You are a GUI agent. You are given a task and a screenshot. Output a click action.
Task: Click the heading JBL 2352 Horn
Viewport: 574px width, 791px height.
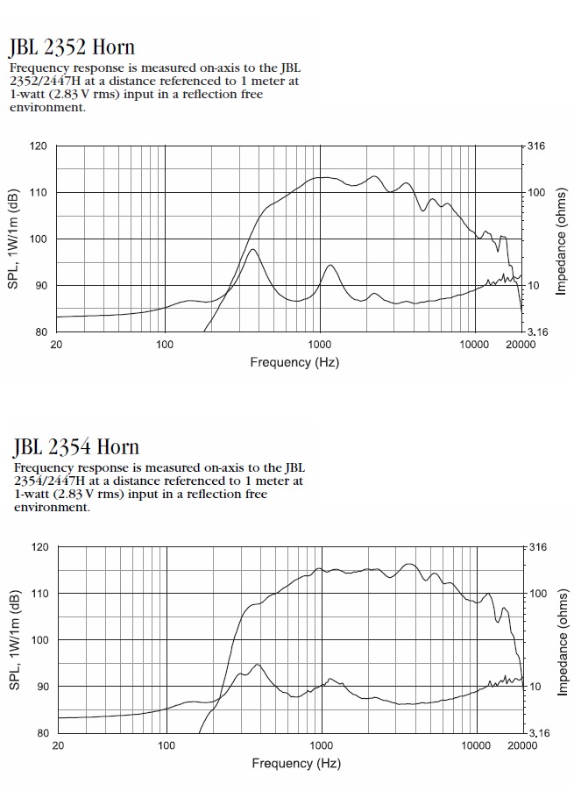pyautogui.click(x=72, y=46)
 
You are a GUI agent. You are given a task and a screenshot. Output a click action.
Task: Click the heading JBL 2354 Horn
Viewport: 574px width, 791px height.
pyautogui.click(x=76, y=447)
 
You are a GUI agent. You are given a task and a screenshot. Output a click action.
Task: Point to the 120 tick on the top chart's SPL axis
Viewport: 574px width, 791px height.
pyautogui.click(x=39, y=146)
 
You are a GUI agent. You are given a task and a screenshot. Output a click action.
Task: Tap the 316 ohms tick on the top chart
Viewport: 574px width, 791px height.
pyautogui.click(x=536, y=146)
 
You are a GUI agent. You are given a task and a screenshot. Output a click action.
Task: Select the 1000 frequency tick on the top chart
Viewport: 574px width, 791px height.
pyautogui.click(x=319, y=345)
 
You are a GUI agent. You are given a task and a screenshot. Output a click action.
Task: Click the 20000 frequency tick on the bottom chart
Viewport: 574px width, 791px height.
pyautogui.click(x=521, y=745)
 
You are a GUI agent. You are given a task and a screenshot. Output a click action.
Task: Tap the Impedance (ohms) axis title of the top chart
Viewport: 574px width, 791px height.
pyautogui.click(x=562, y=239)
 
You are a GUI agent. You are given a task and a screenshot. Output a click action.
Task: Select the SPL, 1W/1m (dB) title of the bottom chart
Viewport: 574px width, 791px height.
pyautogui.click(x=15, y=639)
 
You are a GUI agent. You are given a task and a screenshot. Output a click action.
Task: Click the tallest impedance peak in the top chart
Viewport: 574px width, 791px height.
pyautogui.click(x=252, y=250)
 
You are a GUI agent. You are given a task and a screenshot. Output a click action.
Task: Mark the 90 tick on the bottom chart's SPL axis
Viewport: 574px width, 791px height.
pyautogui.click(x=42, y=686)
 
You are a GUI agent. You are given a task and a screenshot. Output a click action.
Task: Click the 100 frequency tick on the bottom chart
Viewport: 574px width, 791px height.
pyautogui.click(x=167, y=745)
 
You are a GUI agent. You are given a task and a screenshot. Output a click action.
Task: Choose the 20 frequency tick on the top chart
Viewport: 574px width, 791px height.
pyautogui.click(x=56, y=345)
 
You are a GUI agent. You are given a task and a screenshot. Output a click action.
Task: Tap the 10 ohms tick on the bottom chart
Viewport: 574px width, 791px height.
pyautogui.click(x=535, y=686)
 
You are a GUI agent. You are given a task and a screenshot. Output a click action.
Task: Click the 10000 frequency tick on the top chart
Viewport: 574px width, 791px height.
pyautogui.click(x=473, y=345)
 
